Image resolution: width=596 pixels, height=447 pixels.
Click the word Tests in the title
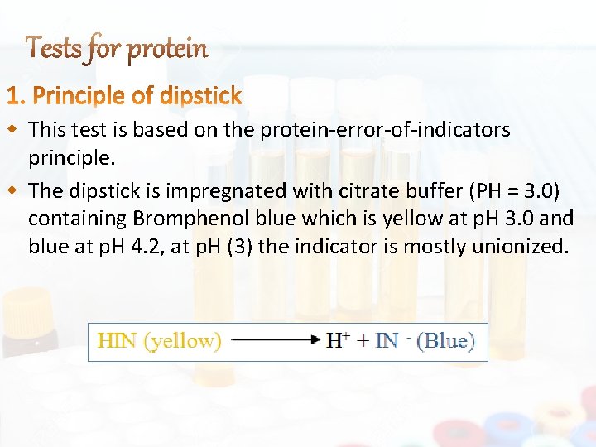[54, 50]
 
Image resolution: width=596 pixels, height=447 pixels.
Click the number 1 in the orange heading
[14, 97]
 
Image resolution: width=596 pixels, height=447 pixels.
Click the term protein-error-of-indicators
[385, 130]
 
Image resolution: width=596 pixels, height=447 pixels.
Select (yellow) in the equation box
[183, 341]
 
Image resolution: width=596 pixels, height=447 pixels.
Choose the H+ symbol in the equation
[337, 339]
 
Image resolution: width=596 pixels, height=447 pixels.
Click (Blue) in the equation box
[445, 340]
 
